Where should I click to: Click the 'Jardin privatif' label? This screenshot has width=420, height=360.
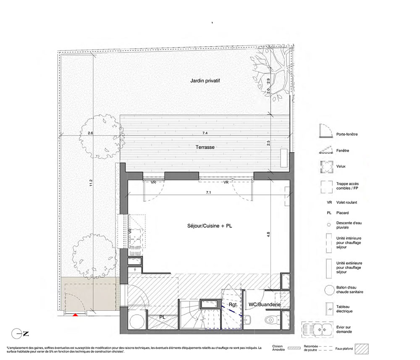pyautogui.click(x=205, y=81)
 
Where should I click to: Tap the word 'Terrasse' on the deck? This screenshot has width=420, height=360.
pyautogui.click(x=205, y=147)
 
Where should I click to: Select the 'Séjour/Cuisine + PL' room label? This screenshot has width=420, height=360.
pyautogui.click(x=210, y=226)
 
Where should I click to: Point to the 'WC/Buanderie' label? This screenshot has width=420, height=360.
pyautogui.click(x=264, y=305)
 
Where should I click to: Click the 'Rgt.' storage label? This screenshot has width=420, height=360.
pyautogui.click(x=233, y=305)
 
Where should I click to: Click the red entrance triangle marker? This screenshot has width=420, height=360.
pyautogui.click(x=76, y=315)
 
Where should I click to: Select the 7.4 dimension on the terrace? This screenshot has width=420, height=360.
pyautogui.click(x=205, y=133)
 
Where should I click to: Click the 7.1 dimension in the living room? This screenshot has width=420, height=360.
pyautogui.click(x=208, y=192)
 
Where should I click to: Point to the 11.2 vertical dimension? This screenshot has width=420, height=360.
pyautogui.click(x=91, y=183)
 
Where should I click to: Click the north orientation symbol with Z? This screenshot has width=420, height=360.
pyautogui.click(x=20, y=334)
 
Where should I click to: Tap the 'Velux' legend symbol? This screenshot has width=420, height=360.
pyautogui.click(x=327, y=167)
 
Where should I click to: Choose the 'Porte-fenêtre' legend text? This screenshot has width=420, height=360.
pyautogui.click(x=347, y=134)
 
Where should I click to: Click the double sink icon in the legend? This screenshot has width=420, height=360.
pyautogui.click(x=318, y=329)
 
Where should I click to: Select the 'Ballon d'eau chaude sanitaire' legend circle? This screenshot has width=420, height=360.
pyautogui.click(x=329, y=290)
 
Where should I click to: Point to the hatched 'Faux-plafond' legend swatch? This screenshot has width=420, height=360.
pyautogui.click(x=362, y=349)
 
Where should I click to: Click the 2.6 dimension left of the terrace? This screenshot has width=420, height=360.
pyautogui.click(x=90, y=133)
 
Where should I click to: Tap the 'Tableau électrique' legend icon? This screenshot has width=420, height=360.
pyautogui.click(x=328, y=309)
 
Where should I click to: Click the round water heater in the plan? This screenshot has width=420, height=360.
pyautogui.click(x=137, y=321)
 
